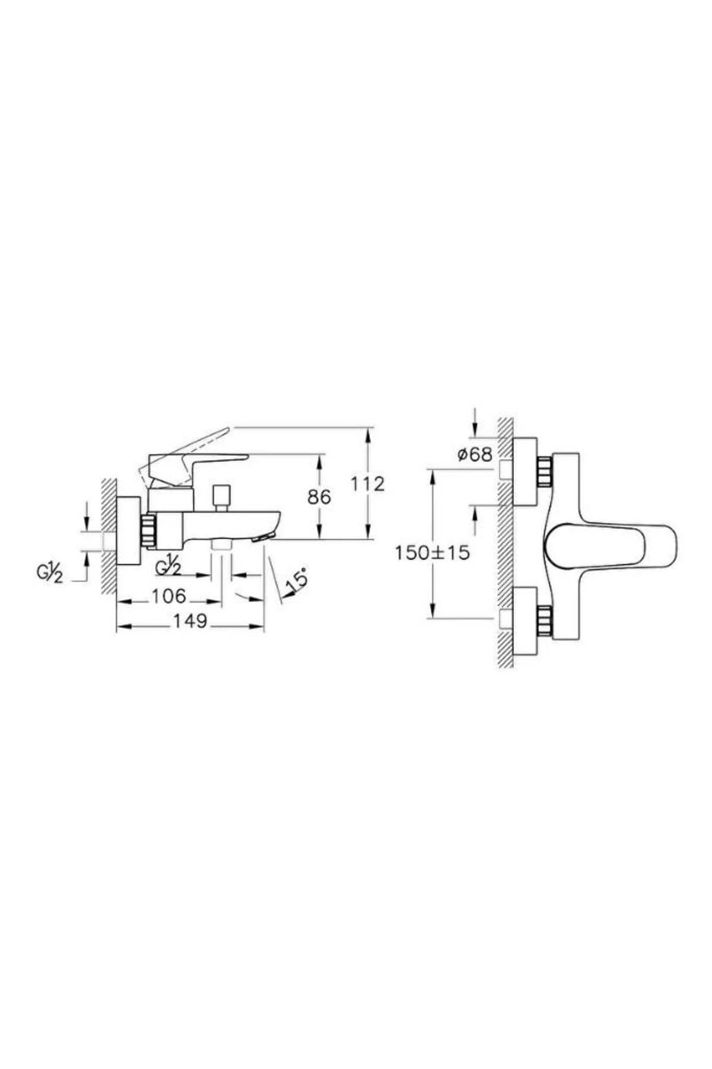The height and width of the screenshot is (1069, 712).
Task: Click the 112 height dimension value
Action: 367,484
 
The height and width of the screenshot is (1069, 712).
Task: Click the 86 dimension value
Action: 319,497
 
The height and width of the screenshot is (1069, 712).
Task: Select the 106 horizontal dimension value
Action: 169,596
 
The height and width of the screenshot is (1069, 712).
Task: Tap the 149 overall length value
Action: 190,621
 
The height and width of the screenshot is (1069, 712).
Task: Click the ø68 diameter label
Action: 475,455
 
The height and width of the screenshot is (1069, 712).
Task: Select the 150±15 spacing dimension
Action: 433,553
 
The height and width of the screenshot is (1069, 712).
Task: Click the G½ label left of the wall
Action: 50,574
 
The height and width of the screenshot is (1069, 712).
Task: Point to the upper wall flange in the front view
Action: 524,472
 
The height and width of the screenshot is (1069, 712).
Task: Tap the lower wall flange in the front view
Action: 524,621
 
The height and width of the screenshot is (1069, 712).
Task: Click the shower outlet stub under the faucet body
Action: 221,545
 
